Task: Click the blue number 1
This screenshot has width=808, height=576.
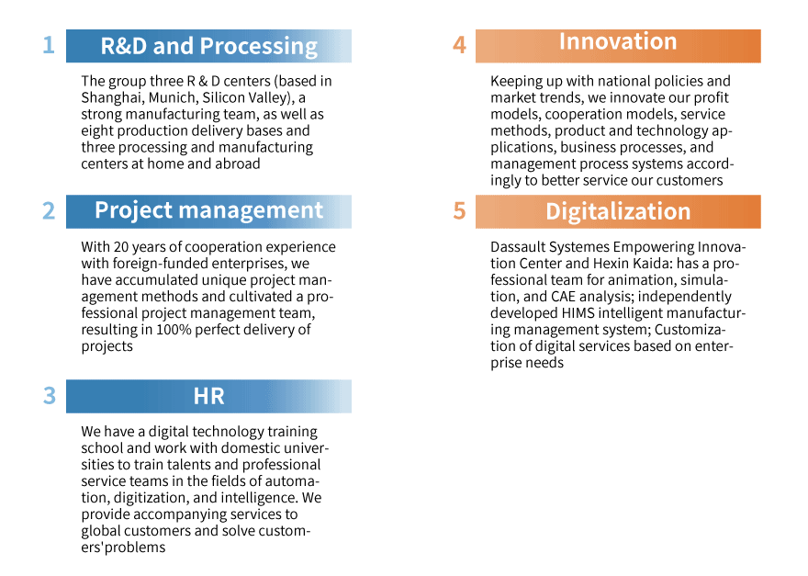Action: [x=49, y=45]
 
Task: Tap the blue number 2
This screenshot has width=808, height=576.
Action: [x=49, y=211]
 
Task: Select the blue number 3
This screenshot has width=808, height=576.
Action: [x=49, y=396]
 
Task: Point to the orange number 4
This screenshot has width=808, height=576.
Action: [x=459, y=45]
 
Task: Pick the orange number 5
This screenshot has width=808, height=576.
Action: [x=459, y=211]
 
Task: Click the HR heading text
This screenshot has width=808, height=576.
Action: [x=208, y=396]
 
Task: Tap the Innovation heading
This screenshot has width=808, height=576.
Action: [x=618, y=41]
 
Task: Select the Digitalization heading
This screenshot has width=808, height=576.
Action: [x=618, y=211]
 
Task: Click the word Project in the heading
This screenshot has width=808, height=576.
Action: [x=133, y=211]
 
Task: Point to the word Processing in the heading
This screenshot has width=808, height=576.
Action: [x=259, y=47]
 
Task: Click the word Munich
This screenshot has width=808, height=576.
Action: [x=173, y=97]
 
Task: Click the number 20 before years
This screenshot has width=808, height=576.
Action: [x=121, y=247]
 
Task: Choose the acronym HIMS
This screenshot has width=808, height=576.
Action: [x=578, y=313]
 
